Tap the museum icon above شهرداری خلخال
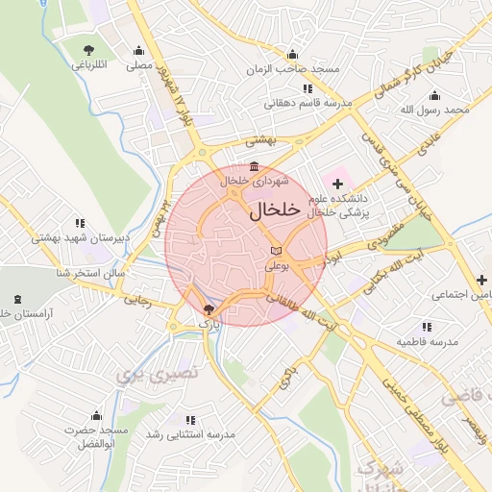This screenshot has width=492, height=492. coord(253,165)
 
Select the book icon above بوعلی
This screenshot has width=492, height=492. coord(275,251)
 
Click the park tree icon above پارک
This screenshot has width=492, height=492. coord(209,309)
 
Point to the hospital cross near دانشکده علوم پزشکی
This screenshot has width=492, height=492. coord(336,183)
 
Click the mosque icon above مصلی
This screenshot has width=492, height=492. coord(139,51)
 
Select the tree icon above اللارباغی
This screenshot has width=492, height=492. coord(89,50)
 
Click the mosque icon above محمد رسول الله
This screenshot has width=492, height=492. coord(435,95)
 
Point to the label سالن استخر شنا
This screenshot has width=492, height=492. coord(91,274)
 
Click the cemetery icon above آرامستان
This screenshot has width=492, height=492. coord(15,299)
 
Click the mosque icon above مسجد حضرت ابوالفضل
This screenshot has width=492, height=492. coord(95,416)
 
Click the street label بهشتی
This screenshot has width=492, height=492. coord(259,140)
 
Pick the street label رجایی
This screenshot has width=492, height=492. coord(136,300)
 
